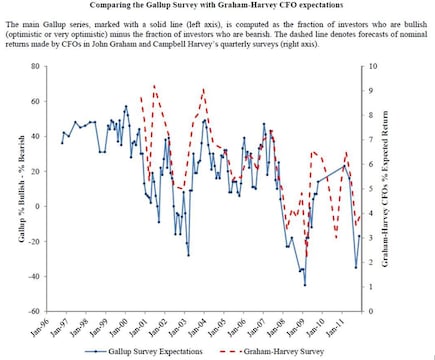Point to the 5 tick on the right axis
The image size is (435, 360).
coord(373,188)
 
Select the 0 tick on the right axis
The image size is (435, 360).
coord(373,310)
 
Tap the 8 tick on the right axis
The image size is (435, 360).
coord(373,115)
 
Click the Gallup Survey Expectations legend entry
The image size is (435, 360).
coord(150,351)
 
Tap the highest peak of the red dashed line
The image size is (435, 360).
coord(154,86)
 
